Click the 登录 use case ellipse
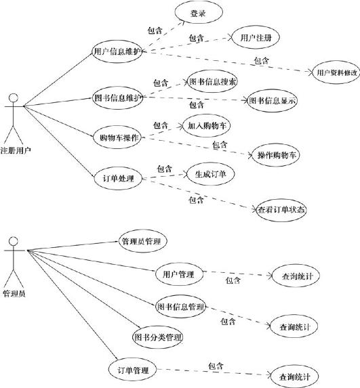199,12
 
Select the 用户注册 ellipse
256,38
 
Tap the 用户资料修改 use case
336,72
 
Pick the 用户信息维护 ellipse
117,51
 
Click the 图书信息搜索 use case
212,81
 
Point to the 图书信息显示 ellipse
273,100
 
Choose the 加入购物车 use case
207,125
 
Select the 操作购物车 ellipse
276,155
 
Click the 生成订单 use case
210,174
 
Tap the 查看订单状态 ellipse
281,210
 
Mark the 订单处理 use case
118,178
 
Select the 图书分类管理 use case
157,337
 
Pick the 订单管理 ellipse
133,370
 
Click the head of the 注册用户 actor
14,98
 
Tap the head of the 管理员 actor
14,241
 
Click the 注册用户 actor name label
16,150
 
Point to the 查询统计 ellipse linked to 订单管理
294,376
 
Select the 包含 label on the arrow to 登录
155,30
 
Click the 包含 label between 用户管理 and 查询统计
233,280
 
